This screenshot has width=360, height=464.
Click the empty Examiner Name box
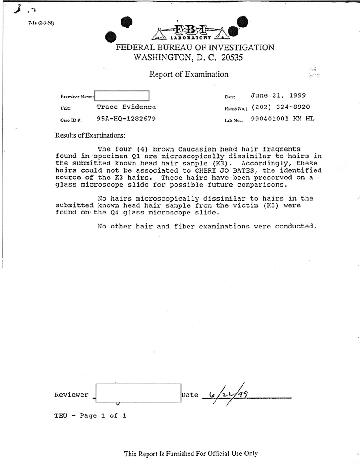click(121, 96)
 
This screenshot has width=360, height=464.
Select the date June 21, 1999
click(278, 95)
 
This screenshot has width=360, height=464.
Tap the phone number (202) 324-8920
click(281, 107)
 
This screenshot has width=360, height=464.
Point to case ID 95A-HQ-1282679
click(126, 119)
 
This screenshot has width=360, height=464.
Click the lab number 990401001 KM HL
click(283, 119)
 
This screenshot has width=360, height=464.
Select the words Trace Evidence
click(126, 107)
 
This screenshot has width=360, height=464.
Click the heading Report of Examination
click(189, 74)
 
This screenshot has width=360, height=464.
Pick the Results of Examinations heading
click(90, 135)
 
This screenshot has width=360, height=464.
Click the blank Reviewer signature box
click(138, 393)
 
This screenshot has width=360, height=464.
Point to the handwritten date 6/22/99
click(227, 394)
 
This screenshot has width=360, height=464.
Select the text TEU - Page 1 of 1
click(90, 415)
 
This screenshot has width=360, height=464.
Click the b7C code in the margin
click(314, 76)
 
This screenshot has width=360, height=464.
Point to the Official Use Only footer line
click(191, 454)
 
